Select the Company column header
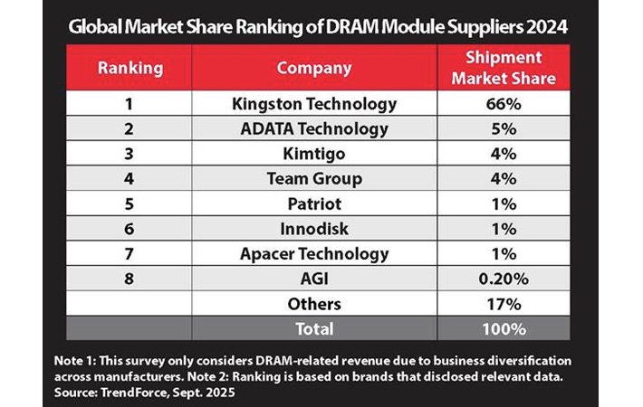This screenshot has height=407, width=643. coord(314,68)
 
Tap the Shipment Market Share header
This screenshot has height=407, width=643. coord(504,68)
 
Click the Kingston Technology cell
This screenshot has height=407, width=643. coord(314,104)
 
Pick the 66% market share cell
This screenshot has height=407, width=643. coord(504,104)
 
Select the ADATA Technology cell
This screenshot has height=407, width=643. coord(314,129)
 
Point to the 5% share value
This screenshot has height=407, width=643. coord(504,129)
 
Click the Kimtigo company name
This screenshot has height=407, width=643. coord(314,154)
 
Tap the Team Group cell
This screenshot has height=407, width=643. coord(314,179)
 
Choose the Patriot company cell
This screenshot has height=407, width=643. coord(314,204)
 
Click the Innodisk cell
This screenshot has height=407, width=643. coord(314,229)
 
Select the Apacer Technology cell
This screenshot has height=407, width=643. coord(314,254)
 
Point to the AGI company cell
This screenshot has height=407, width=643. coord(314,279)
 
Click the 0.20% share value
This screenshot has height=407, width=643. coord(504,279)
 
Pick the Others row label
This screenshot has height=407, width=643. coord(314,304)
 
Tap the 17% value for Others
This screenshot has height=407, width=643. coord(504,304)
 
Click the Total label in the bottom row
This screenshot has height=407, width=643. coord(314,328)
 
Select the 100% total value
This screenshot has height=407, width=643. coord(504,328)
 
